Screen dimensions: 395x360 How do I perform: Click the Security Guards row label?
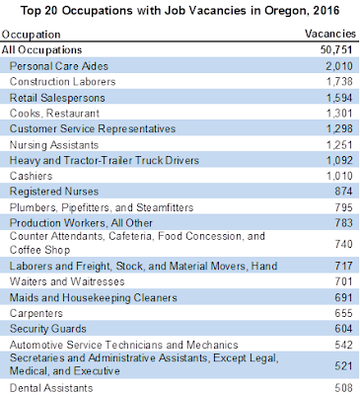coord(47,329)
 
